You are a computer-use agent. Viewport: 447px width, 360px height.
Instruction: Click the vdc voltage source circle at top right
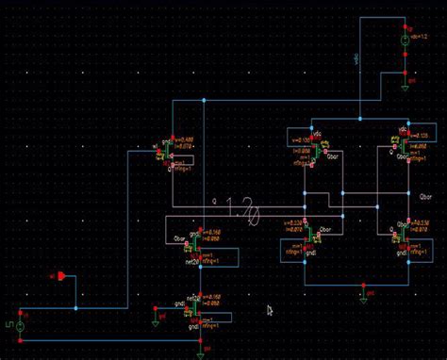404,42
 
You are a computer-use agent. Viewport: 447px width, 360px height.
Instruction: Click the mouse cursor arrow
270,310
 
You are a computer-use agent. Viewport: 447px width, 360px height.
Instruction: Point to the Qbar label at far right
426,198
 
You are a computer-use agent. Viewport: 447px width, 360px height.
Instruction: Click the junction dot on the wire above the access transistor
204,99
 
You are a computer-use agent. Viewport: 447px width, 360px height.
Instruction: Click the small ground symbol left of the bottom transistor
155,321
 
